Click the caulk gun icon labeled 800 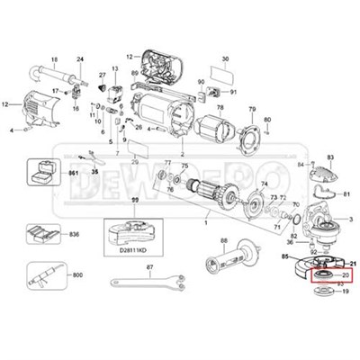41,274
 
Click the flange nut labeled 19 325,318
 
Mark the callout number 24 79,58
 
